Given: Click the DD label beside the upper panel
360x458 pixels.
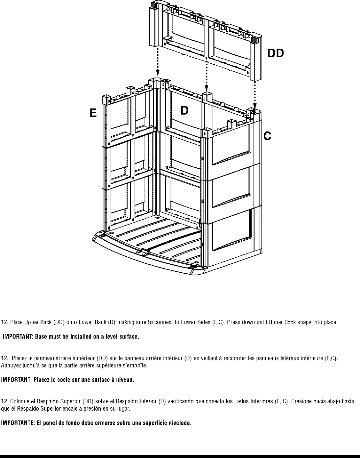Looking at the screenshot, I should point(275,53).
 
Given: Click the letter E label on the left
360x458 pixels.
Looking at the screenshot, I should point(93,113).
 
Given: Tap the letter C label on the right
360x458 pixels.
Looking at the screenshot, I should point(267,136).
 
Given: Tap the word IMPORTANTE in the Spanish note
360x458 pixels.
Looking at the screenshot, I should point(16,423).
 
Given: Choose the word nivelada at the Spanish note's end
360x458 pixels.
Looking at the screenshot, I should point(181,423).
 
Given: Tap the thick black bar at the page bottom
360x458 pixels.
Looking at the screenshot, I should point(180,455).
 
